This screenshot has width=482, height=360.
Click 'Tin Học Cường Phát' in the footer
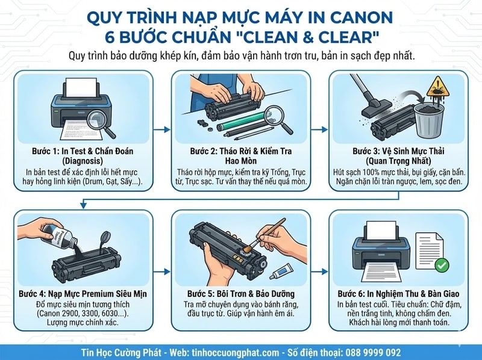click(x=123, y=352)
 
